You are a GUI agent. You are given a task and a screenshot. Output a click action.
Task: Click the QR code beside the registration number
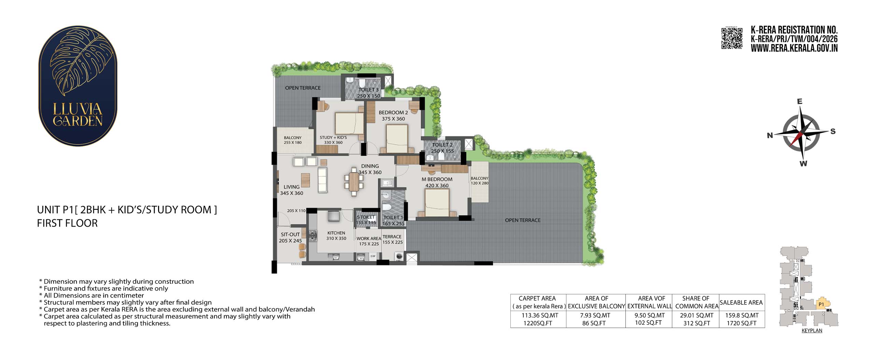[732, 39]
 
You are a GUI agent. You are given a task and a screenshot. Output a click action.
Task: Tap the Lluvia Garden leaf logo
[78, 86]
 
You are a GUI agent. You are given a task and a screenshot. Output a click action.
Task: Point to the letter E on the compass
[799, 101]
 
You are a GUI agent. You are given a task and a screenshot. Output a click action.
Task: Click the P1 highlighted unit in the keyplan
[821, 304]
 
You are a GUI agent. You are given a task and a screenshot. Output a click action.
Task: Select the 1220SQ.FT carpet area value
[538, 323]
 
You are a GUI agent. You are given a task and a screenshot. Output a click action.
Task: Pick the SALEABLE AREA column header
[741, 302]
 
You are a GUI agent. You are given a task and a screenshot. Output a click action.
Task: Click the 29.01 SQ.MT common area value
[696, 316]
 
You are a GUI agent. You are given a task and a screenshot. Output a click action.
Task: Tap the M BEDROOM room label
[437, 179]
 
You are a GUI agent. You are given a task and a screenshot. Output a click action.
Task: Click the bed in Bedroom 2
[397, 139]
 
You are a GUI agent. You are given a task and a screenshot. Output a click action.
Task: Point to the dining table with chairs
[354, 182]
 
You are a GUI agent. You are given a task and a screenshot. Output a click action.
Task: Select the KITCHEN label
[336, 233]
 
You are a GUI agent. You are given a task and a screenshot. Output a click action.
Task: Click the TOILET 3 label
[368, 90]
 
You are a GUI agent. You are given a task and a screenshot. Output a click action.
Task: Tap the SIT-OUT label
[290, 234]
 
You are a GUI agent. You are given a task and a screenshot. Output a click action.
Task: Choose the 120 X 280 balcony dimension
[480, 183]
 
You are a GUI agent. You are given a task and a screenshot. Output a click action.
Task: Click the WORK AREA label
[369, 239]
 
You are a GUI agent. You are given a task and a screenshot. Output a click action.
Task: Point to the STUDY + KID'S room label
[333, 138]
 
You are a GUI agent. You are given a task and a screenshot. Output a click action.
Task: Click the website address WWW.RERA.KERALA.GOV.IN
[794, 48]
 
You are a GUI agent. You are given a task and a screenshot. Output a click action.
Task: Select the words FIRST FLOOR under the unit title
[67, 223]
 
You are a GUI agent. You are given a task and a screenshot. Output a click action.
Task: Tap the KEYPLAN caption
[812, 331]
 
